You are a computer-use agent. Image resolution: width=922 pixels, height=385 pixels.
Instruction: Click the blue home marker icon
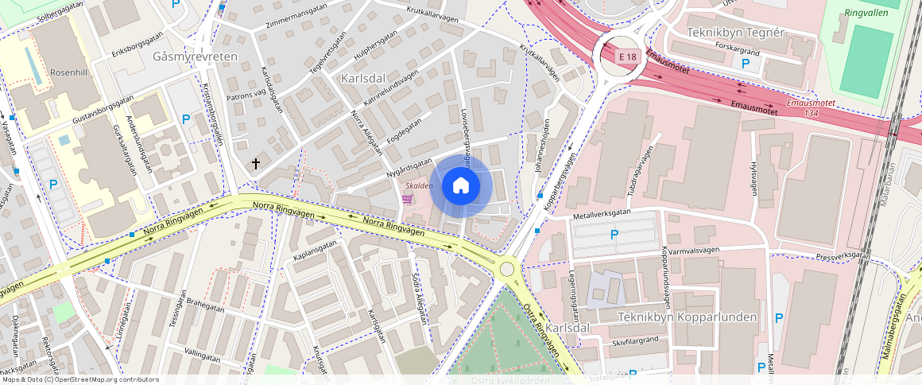(x=461, y=186)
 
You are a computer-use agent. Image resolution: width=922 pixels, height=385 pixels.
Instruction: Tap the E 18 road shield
(x=629, y=56)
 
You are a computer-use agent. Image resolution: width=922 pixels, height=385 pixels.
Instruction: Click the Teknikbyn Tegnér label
(x=735, y=32)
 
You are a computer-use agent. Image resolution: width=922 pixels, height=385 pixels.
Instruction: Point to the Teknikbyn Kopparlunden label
(x=688, y=317)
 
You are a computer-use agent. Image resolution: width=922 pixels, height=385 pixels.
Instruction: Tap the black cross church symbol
(x=256, y=164)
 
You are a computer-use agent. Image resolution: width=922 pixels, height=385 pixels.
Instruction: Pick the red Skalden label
(x=419, y=185)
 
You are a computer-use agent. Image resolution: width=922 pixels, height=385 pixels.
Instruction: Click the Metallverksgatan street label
(x=602, y=214)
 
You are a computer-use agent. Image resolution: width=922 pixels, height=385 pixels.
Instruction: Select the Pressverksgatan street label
(x=843, y=255)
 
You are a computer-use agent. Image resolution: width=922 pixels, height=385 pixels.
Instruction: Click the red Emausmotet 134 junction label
(x=808, y=108)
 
